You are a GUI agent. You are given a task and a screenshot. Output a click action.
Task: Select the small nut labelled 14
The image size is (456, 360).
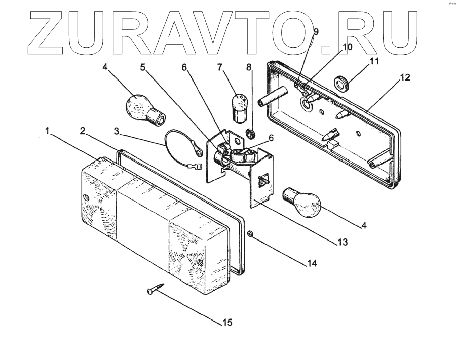click(251, 234)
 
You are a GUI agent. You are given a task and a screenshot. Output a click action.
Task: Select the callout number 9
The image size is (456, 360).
click(316, 32)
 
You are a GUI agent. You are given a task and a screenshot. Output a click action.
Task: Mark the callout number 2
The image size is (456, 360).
click(82, 131)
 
